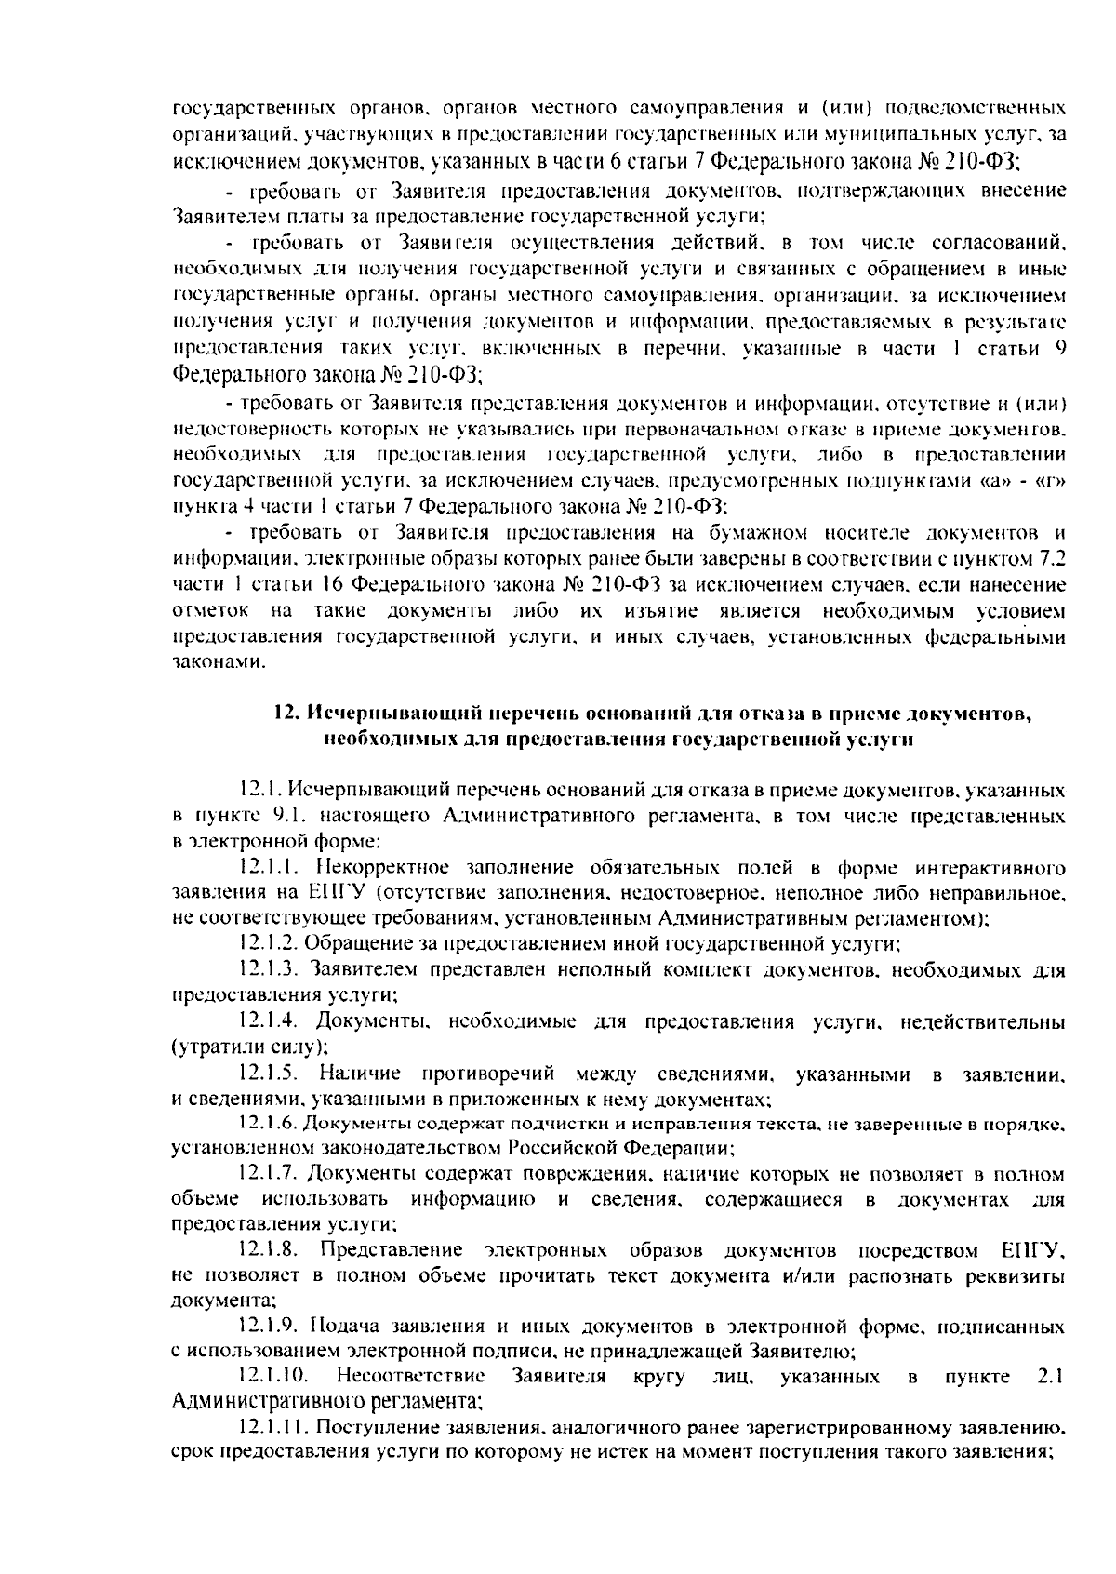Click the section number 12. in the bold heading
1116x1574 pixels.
[286, 714]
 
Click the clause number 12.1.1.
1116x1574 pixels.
[268, 868]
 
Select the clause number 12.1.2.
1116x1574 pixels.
[268, 944]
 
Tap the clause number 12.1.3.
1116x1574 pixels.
[268, 970]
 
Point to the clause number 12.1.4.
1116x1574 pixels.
[268, 1022]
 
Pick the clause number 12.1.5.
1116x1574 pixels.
[268, 1074]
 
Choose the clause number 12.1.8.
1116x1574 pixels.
[268, 1247]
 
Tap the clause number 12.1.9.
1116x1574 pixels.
[268, 1324]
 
